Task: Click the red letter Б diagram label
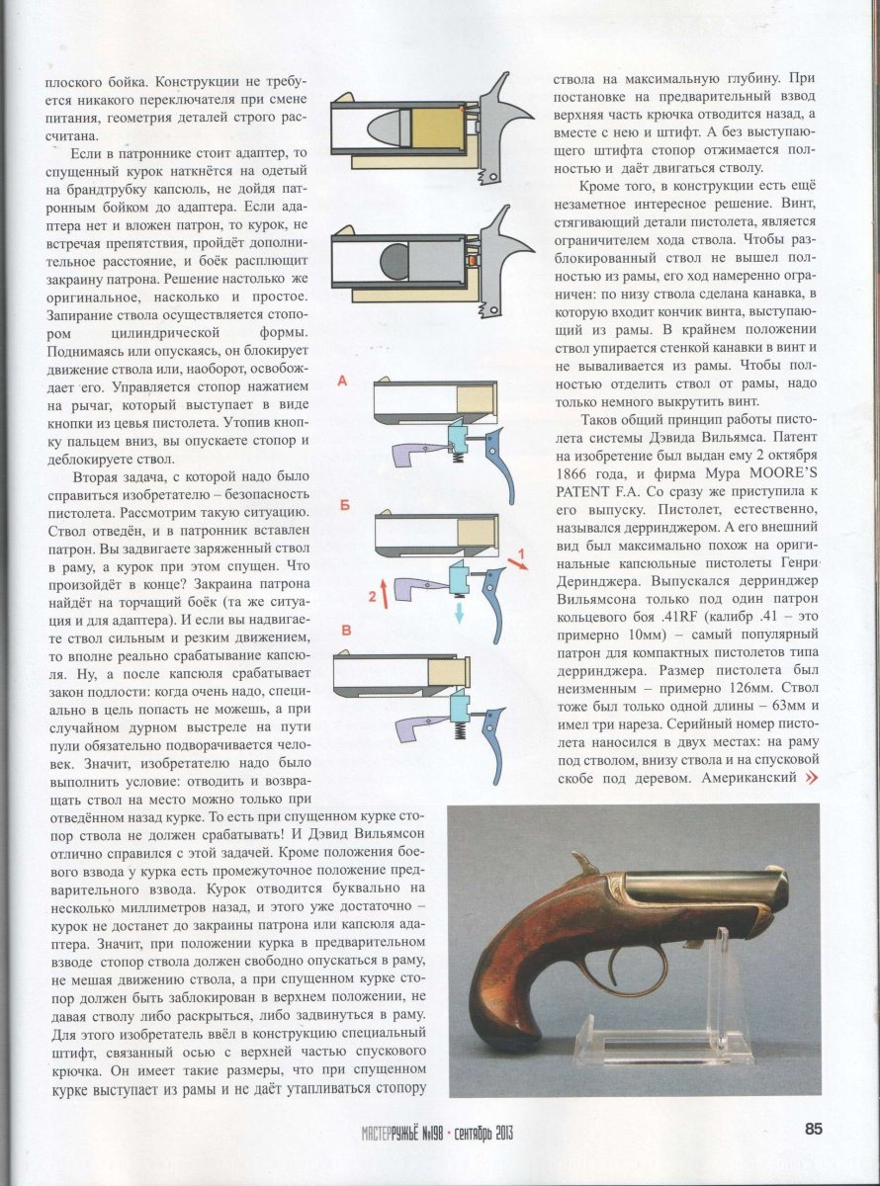pyautogui.click(x=343, y=505)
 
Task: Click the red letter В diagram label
pyautogui.click(x=343, y=630)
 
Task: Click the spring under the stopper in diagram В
pyautogui.click(x=460, y=738)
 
